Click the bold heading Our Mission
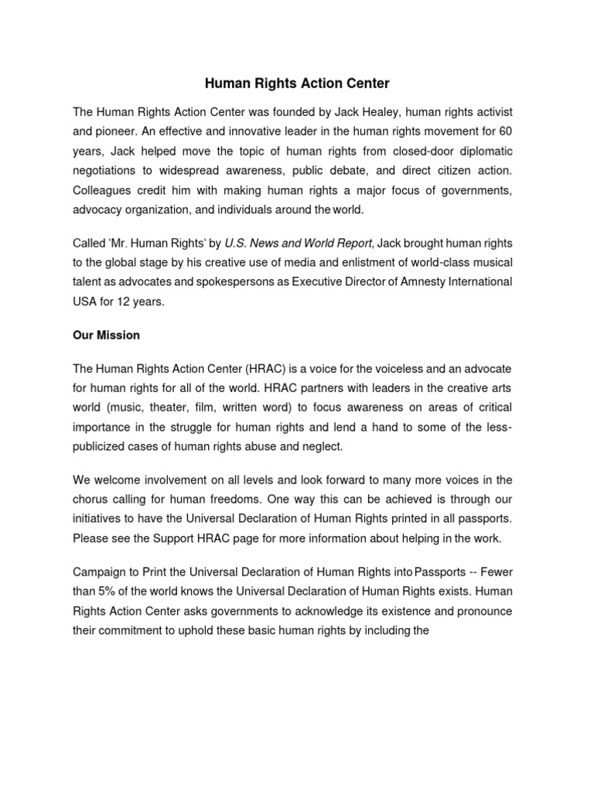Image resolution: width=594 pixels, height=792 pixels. click(x=106, y=336)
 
